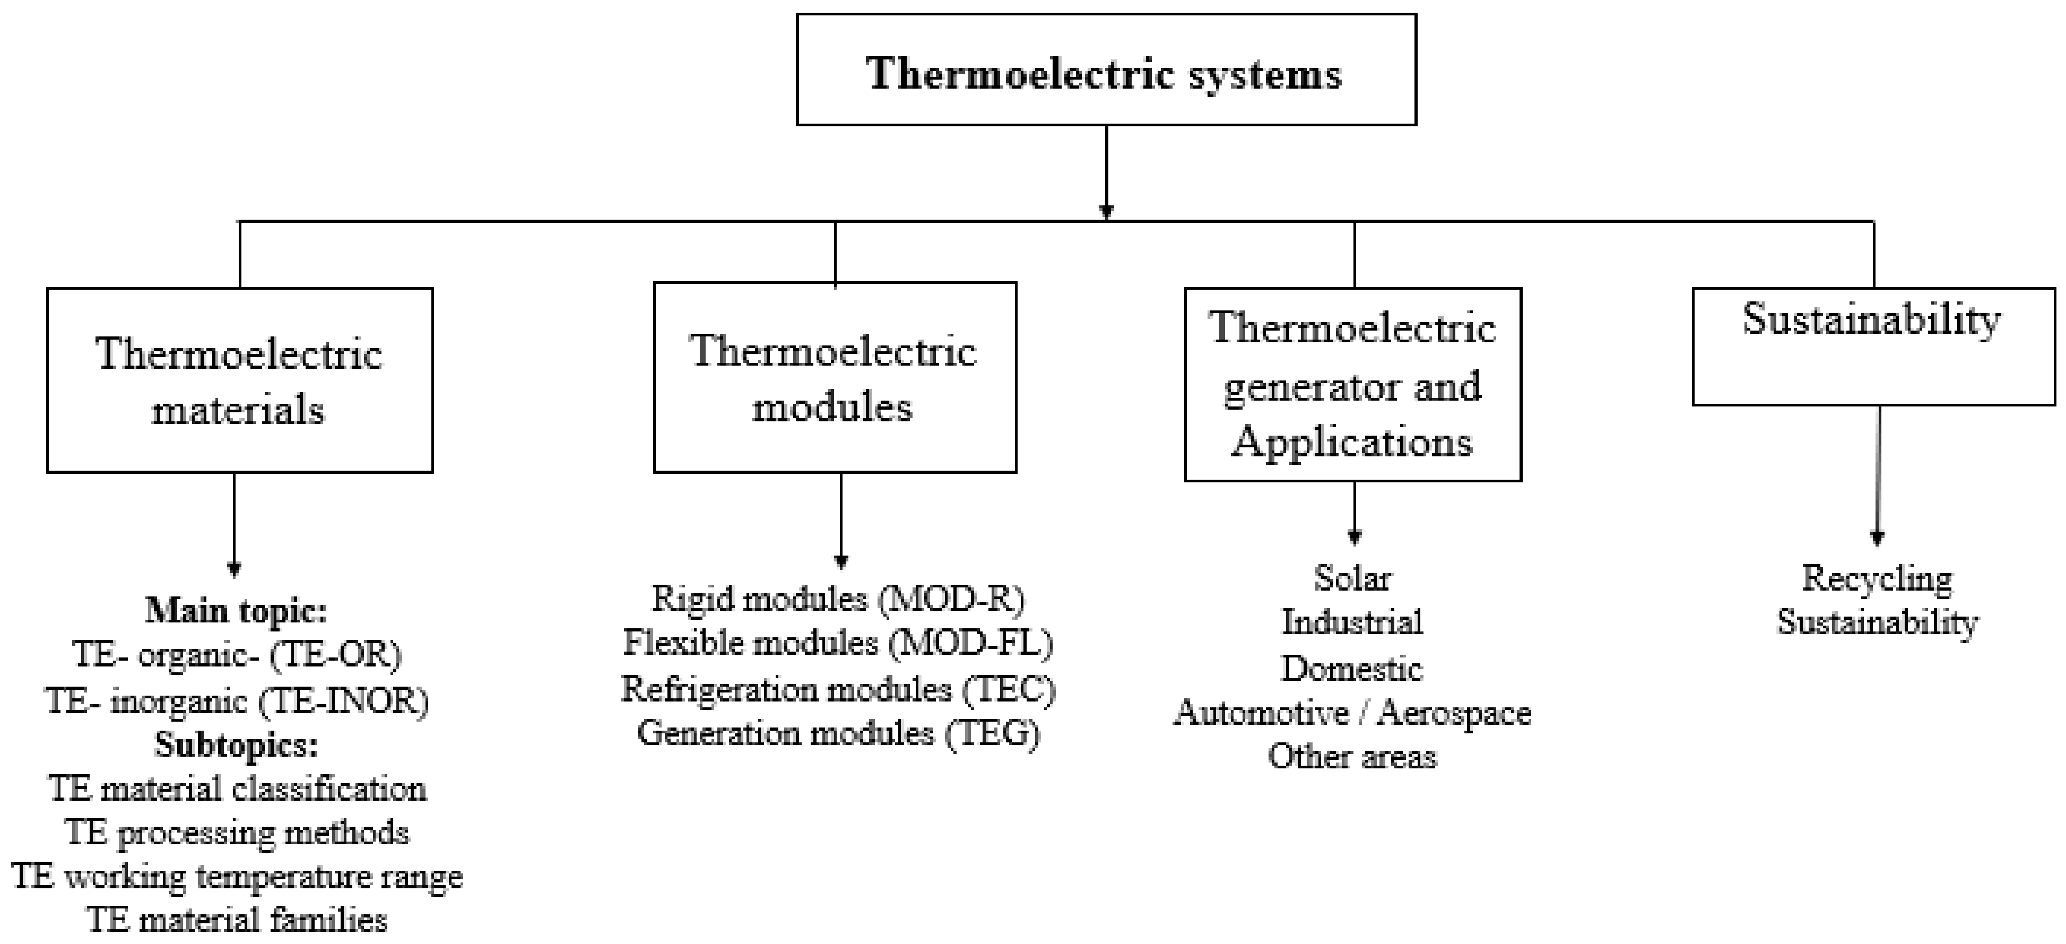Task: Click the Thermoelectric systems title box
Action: (x=1106, y=70)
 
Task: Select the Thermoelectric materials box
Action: (x=240, y=380)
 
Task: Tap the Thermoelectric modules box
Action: (x=835, y=377)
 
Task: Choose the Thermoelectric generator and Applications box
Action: (x=1353, y=384)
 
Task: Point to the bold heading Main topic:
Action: (x=237, y=611)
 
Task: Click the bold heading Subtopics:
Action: (x=237, y=745)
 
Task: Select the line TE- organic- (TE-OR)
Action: (x=237, y=655)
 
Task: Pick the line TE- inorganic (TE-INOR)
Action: (x=237, y=701)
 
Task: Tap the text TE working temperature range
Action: (x=237, y=877)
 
